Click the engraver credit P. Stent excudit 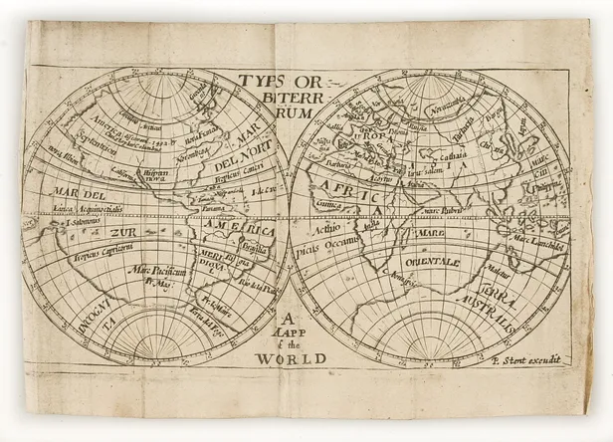pyautogui.click(x=526, y=358)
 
